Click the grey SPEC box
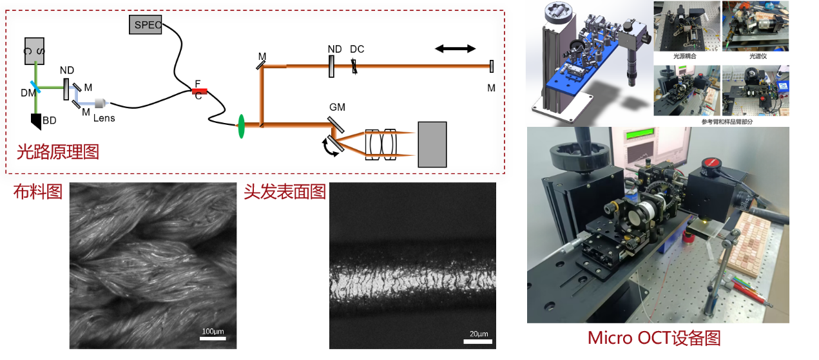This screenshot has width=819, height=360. [x=146, y=25]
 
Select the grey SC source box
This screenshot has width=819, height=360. [x=34, y=50]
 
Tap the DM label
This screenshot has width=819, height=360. [x=28, y=93]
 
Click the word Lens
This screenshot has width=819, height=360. [x=104, y=118]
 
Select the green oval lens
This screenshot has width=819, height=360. [x=242, y=126]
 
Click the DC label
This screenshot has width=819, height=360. [x=357, y=50]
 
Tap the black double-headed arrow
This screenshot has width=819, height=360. [x=456, y=48]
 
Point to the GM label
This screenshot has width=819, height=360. [x=337, y=106]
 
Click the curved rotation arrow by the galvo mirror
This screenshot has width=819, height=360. [x=331, y=148]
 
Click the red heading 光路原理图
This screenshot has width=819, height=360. [x=59, y=153]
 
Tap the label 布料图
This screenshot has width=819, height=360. [x=38, y=192]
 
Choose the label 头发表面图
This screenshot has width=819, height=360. [x=284, y=192]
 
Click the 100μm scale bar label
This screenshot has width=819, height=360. [x=212, y=332]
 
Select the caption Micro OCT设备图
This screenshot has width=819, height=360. [x=653, y=338]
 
